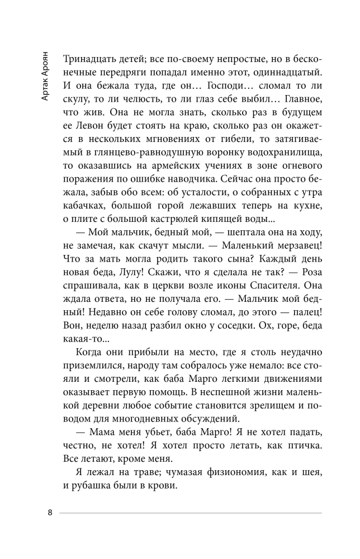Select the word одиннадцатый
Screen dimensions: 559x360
point(285,73)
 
